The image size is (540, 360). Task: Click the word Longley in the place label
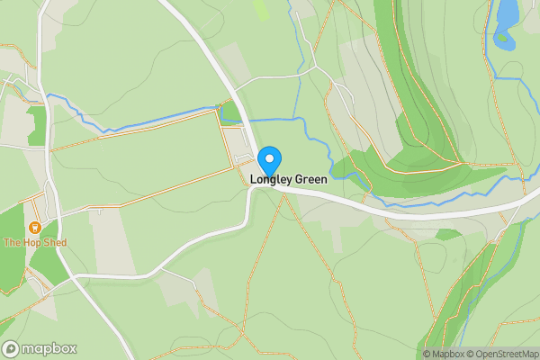click(x=269, y=180)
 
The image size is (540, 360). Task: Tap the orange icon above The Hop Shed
click(x=35, y=229)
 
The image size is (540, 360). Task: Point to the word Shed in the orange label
click(x=54, y=243)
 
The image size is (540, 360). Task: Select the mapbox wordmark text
click(x=49, y=348)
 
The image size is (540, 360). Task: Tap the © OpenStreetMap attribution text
click(x=500, y=354)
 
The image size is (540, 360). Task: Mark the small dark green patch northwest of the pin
click(x=229, y=112)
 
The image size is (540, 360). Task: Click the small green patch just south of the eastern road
click(x=447, y=234)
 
